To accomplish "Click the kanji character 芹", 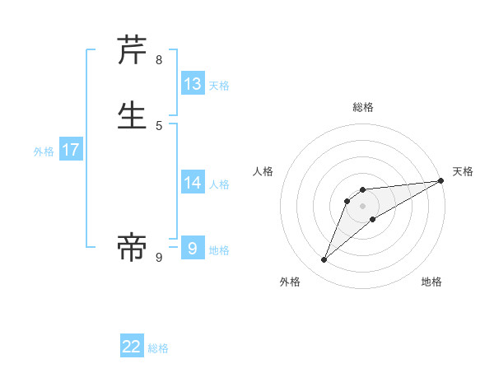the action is (x=133, y=51).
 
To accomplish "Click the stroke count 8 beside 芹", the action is (x=159, y=60).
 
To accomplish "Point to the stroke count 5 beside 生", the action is (x=159, y=125).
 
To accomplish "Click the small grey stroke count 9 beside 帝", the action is (x=159, y=258).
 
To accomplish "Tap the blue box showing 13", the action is (x=193, y=83).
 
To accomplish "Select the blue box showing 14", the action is (x=193, y=183).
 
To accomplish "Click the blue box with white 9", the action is (x=193, y=248).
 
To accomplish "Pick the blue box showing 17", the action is (x=71, y=150).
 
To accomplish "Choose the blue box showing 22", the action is (x=132, y=347).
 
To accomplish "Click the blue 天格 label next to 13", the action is (x=219, y=85).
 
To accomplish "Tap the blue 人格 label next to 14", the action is (x=219, y=184).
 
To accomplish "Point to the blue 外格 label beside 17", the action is (x=44, y=152).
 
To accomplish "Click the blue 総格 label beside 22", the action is (x=158, y=348).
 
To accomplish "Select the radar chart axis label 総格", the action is (x=363, y=107).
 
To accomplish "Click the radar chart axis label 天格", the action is (x=463, y=171).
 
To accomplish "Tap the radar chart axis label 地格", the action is (x=431, y=282).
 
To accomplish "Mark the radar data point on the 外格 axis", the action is (x=324, y=260).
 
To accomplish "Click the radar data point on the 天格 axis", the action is (x=440, y=181).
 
